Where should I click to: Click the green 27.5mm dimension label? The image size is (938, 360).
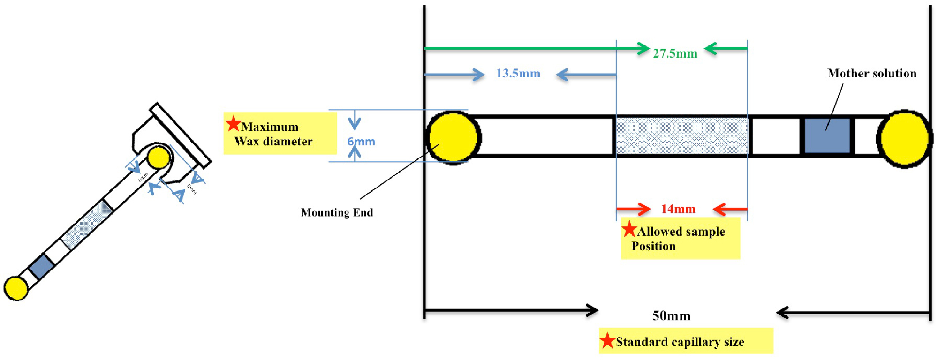click(x=675, y=53)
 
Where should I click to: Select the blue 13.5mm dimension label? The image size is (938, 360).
click(x=518, y=74)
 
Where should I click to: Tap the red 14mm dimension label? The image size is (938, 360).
click(x=678, y=209)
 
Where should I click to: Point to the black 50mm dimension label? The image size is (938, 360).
click(x=671, y=316)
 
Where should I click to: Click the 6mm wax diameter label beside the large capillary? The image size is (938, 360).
click(x=361, y=142)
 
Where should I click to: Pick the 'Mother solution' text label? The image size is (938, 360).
click(x=872, y=74)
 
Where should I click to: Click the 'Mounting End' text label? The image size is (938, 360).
click(x=337, y=213)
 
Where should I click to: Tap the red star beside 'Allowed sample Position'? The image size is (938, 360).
click(x=629, y=229)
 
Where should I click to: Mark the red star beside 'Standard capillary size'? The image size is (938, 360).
click(x=607, y=341)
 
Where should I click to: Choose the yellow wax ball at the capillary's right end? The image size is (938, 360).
click(x=904, y=139)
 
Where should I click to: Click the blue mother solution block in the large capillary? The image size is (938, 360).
click(x=827, y=136)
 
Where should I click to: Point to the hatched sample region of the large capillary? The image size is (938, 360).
click(x=681, y=136)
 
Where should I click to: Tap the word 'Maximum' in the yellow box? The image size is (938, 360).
click(x=270, y=127)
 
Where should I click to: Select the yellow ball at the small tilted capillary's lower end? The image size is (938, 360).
click(x=16, y=288)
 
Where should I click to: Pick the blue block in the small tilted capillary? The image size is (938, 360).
click(x=42, y=266)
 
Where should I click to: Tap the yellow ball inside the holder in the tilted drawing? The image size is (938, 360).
click(x=159, y=157)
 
